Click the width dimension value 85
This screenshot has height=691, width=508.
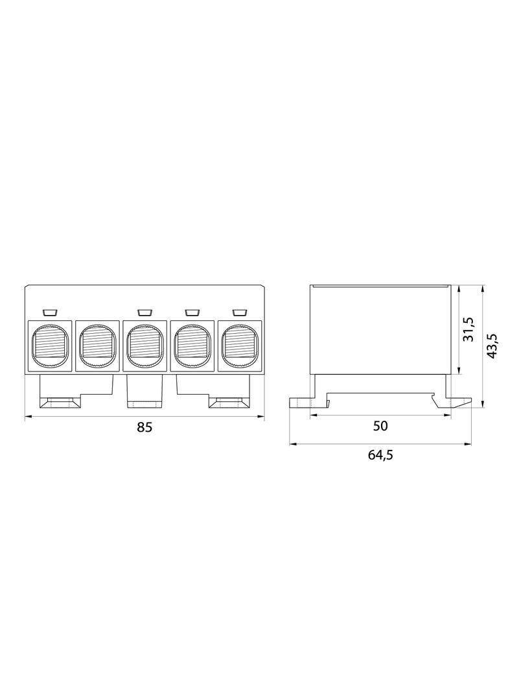click(x=144, y=427)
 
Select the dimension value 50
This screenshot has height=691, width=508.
click(x=380, y=426)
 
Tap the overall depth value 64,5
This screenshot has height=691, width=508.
click(x=380, y=455)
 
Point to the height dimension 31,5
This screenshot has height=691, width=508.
click(x=468, y=329)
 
